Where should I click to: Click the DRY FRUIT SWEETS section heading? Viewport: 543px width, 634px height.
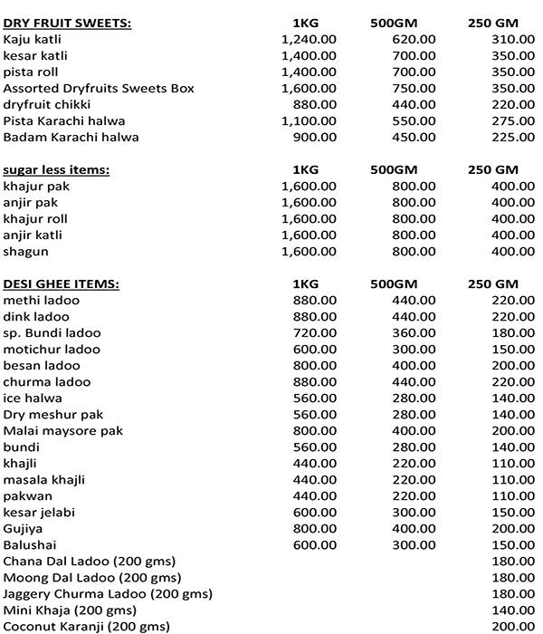[67, 23]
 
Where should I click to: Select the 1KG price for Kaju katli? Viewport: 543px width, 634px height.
[309, 39]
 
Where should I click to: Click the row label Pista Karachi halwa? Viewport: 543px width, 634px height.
[64, 120]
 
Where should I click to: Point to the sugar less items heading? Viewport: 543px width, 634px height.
[56, 169]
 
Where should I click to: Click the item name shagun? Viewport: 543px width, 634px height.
[25, 251]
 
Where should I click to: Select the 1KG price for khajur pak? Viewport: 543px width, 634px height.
[309, 186]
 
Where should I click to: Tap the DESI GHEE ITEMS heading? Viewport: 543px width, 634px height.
[61, 283]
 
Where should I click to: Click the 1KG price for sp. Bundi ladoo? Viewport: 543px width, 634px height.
[316, 332]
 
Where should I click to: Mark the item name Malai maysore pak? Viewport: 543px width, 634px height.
[63, 430]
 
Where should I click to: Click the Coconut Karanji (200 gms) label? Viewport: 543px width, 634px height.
[86, 626]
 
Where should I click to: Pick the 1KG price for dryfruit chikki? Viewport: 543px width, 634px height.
[316, 104]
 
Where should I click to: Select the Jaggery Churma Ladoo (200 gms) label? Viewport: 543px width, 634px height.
[108, 593]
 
